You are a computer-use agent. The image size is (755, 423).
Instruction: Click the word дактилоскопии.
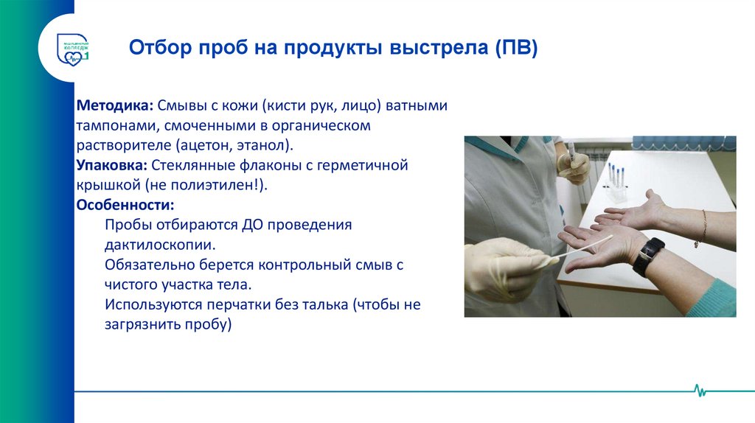click(161, 244)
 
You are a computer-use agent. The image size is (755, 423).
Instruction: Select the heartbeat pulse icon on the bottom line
click(700, 390)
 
